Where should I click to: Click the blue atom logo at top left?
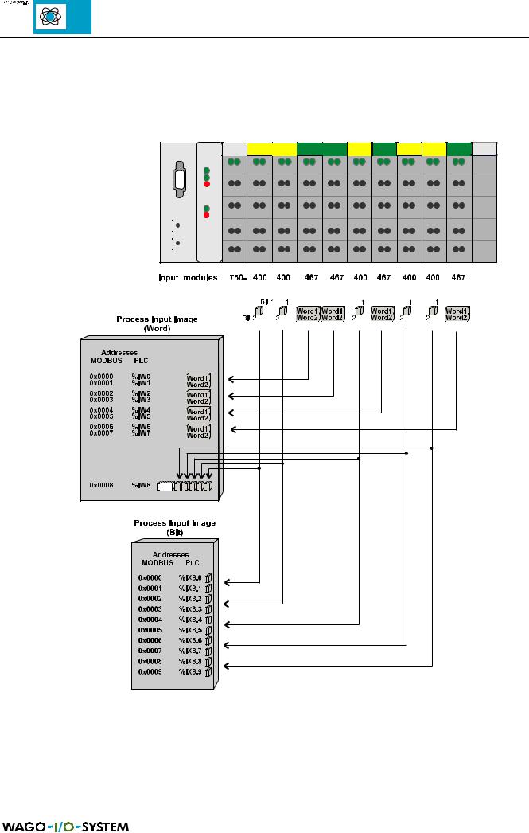click(62, 18)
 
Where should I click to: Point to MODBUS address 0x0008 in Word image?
click(101, 485)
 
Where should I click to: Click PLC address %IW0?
click(142, 373)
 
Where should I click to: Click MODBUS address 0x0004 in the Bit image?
click(150, 619)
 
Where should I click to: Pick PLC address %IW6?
click(142, 427)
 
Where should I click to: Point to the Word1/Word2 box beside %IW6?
click(198, 431)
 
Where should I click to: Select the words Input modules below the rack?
click(189, 278)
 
